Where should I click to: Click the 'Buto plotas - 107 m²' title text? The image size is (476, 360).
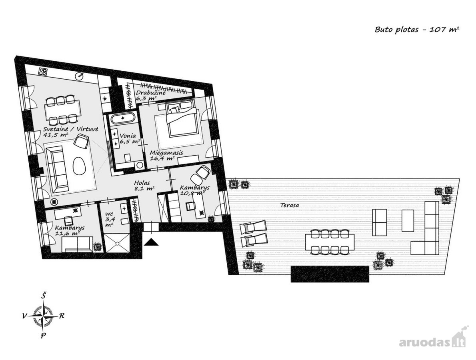pos(417,30)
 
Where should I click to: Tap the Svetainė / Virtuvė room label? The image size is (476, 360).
pos(71,132)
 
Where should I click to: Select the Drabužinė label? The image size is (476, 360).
pos(150,95)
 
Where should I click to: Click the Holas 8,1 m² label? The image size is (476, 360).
pos(144,186)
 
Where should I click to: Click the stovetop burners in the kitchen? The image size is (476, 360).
pos(43,72)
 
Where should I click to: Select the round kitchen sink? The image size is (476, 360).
pos(80,76)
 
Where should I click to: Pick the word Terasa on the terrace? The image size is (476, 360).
pos(289,205)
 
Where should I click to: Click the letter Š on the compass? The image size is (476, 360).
pos(44,294)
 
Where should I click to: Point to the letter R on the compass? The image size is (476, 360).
pos(62,315)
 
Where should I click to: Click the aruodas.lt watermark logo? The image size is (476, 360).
pos(432,342)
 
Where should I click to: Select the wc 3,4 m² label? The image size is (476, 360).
pos(110,217)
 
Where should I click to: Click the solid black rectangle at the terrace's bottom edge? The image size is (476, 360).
pos(330,274)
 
